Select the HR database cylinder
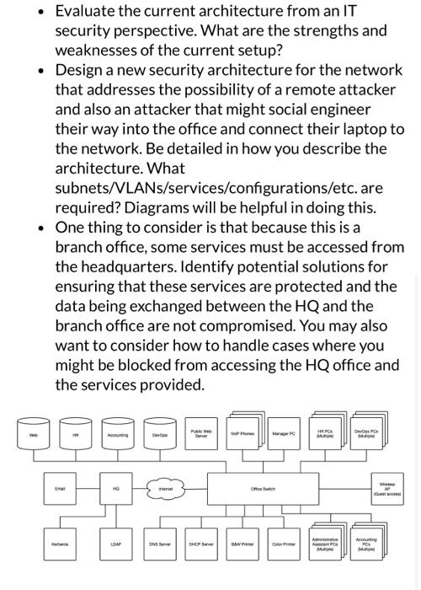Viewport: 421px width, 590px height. pos(75,434)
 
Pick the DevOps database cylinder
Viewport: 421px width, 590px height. pos(157,434)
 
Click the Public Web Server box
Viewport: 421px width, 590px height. pos(200,435)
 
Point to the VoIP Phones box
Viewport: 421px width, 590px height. pos(245,435)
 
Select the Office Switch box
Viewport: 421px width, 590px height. pos(266,488)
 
